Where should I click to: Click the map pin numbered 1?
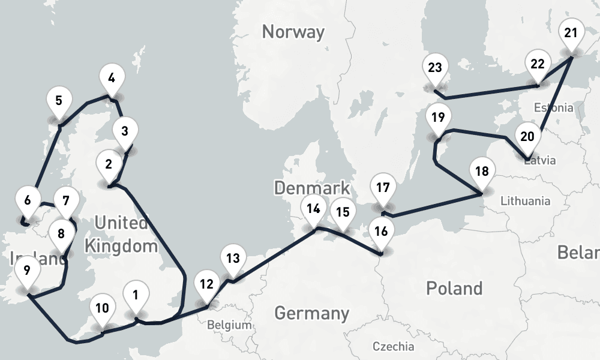(136, 296)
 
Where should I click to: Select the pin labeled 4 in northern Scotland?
(112, 78)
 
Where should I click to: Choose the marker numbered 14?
(313, 210)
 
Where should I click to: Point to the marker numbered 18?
(481, 172)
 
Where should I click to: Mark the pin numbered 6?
(28, 199)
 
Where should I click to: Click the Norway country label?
(293, 31)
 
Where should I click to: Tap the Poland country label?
(454, 288)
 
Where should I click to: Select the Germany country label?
(311, 313)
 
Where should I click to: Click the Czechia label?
(392, 346)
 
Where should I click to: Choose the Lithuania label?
(525, 200)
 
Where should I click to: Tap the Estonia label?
(553, 108)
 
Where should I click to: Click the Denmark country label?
(311, 187)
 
